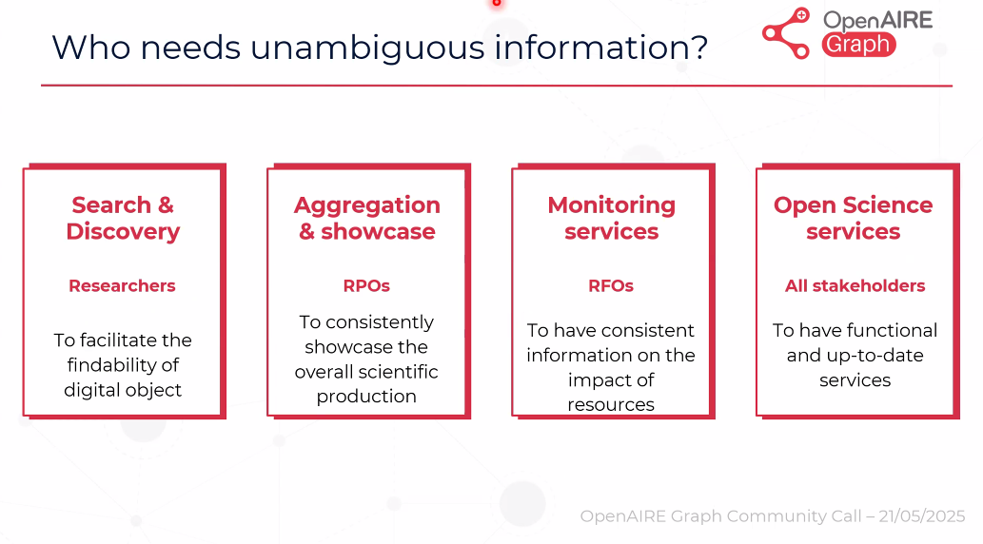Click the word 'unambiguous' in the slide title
tap(367, 48)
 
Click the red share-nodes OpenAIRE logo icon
tap(786, 33)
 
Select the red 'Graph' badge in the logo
tap(858, 45)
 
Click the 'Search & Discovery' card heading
tap(123, 218)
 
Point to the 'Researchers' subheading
tap(122, 285)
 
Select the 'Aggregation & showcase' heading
tap(367, 218)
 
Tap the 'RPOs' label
tap(366, 285)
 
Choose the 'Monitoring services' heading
tap(611, 218)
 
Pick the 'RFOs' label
tap(611, 285)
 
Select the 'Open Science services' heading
tap(854, 218)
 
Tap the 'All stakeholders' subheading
tap(855, 285)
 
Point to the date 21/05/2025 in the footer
tap(921, 516)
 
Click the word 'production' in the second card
tap(366, 397)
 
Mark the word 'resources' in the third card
tap(611, 405)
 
